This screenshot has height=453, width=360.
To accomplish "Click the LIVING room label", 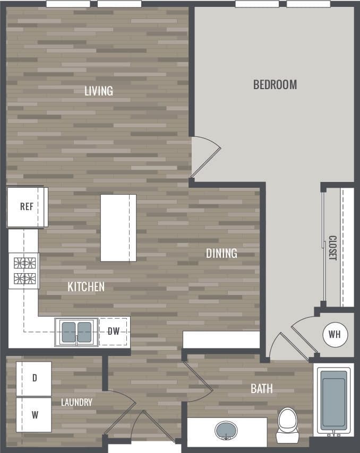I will pyautogui.click(x=99, y=91).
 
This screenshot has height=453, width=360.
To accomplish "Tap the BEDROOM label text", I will pyautogui.click(x=275, y=84).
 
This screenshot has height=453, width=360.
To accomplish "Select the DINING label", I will pyautogui.click(x=221, y=254).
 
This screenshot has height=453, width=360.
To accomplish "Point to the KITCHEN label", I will pyautogui.click(x=86, y=287).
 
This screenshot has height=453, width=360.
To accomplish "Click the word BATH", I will pyautogui.click(x=261, y=389).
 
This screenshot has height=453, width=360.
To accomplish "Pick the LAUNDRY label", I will pyautogui.click(x=76, y=403).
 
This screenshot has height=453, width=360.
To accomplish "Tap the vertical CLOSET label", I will pyautogui.click(x=332, y=248).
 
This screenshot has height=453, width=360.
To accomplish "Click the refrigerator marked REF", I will pyautogui.click(x=27, y=206).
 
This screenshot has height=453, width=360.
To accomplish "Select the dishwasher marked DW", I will pyautogui.click(x=113, y=332).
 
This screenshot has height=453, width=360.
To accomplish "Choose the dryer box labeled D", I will pyautogui.click(x=34, y=378).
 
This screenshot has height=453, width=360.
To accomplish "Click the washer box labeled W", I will pyautogui.click(x=34, y=414).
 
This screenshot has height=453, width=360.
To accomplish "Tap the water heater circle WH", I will pyautogui.click(x=335, y=335).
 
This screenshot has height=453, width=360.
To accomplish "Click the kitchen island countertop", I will pyautogui.click(x=118, y=228).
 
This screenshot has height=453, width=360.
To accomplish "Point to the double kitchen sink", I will pyautogui.click(x=77, y=332).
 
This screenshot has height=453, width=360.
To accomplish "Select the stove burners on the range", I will pyautogui.click(x=24, y=270).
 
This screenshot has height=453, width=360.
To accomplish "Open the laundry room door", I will pyautogui.click(x=121, y=413).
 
